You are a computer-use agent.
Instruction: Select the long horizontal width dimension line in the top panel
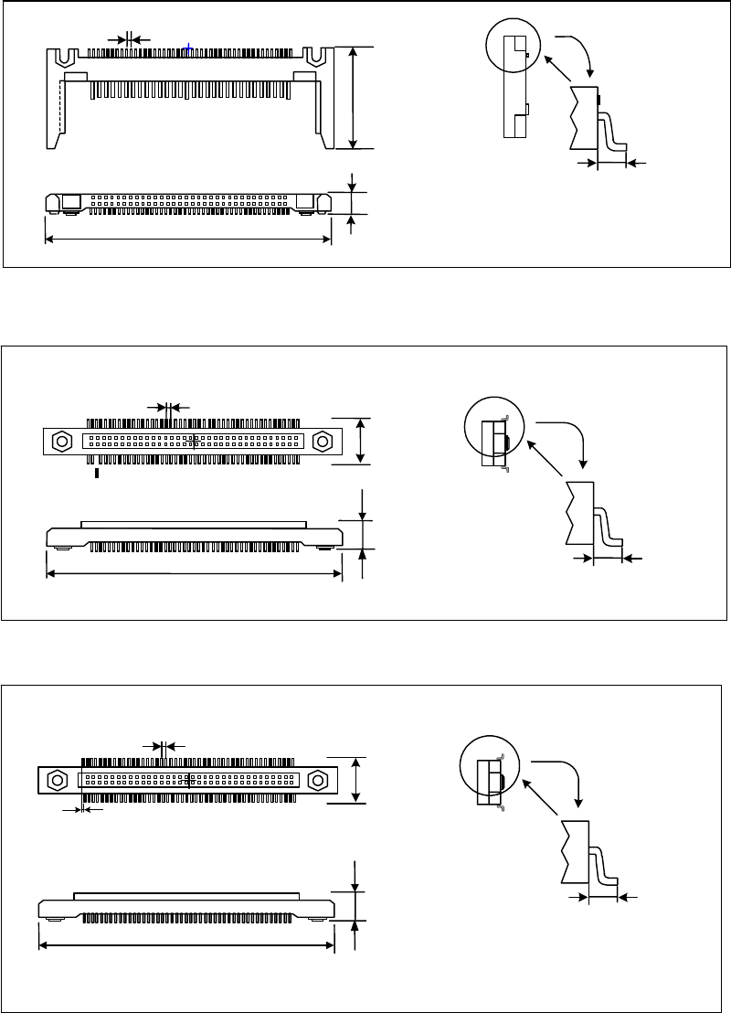tap(187, 240)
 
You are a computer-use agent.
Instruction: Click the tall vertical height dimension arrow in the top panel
tap(355, 97)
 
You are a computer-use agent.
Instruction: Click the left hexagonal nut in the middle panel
tap(61, 441)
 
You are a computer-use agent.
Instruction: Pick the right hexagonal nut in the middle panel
tap(322, 441)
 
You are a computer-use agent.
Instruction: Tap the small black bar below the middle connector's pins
tap(97, 473)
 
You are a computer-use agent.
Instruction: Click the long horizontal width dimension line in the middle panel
tap(194, 574)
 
